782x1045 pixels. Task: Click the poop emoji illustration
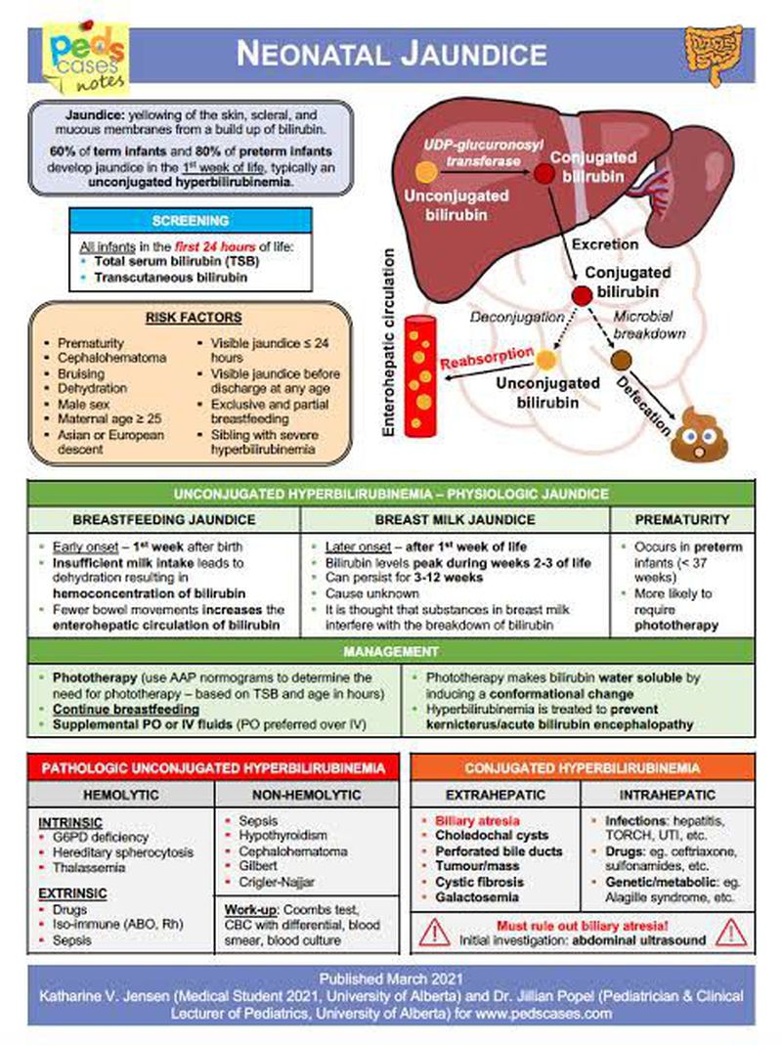699,433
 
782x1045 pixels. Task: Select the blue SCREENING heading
190,221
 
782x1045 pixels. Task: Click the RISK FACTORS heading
194,318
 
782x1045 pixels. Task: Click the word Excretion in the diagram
605,243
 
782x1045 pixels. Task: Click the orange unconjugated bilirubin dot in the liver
426,173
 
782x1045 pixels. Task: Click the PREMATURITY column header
682,519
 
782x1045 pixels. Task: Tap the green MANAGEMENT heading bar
390,651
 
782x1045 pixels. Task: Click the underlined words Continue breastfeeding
126,708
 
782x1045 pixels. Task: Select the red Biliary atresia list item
477,821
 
